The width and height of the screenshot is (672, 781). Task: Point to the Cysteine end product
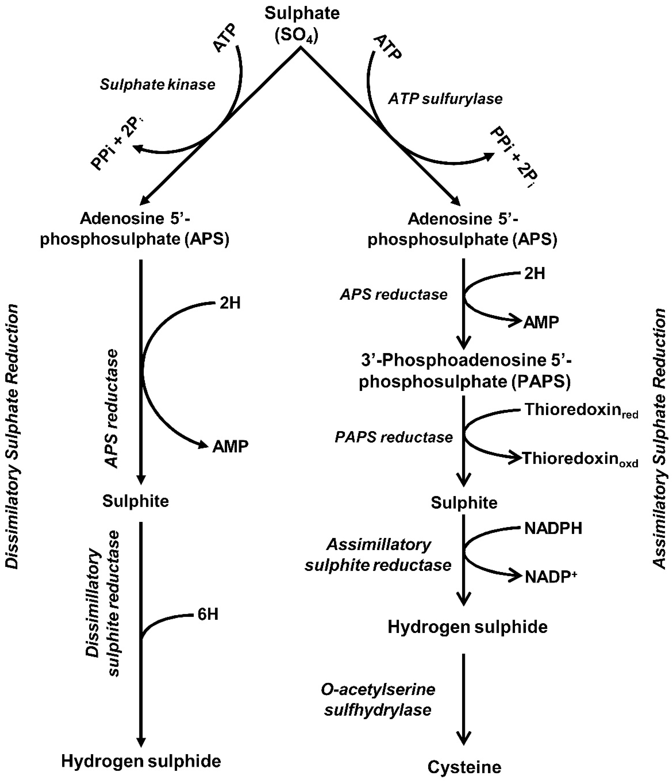click(x=464, y=767)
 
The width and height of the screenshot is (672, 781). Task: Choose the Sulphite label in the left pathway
click(x=135, y=501)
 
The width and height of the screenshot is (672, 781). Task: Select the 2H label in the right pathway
click(x=534, y=274)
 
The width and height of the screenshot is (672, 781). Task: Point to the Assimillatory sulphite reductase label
click(x=378, y=555)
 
